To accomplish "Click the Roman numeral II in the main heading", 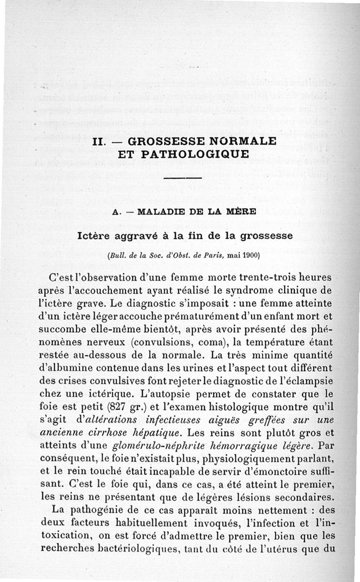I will (98, 141).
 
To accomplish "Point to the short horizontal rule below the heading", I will (183, 179).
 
